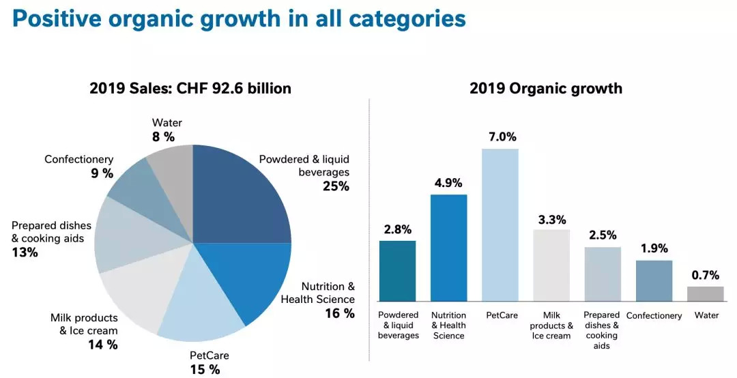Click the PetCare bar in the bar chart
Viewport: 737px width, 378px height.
click(500, 225)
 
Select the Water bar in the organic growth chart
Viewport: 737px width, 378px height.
click(705, 294)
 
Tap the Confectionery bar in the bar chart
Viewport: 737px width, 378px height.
click(654, 281)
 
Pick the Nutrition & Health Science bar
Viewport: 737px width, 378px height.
click(448, 248)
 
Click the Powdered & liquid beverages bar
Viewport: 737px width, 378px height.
click(397, 271)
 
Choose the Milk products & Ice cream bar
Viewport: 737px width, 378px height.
click(551, 265)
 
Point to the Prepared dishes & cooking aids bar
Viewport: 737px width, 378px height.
click(603, 274)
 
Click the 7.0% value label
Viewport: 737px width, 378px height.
click(500, 136)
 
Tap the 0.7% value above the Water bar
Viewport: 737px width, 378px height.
click(706, 275)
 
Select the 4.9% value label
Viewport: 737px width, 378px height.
click(448, 183)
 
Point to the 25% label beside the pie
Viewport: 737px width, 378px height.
click(336, 186)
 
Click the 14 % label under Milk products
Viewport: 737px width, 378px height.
click(102, 345)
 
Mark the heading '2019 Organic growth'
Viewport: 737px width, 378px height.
click(546, 88)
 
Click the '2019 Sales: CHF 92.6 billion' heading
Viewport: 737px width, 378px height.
click(190, 88)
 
